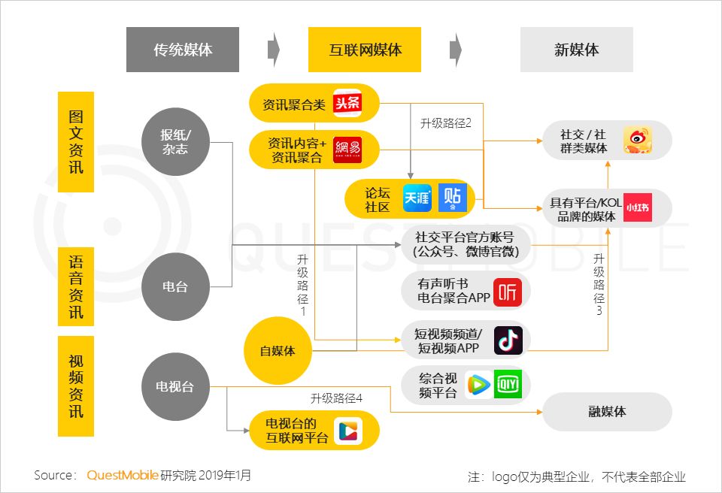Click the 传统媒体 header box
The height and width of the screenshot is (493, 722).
point(183,50)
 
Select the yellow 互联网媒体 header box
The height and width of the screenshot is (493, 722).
point(365,50)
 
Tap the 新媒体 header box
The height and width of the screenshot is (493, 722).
point(577,50)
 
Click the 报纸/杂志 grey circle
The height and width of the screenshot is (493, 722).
point(175,142)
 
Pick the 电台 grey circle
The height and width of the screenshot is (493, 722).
point(175,287)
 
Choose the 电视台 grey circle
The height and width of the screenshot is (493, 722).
point(175,387)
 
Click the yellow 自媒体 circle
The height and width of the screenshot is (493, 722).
point(278,351)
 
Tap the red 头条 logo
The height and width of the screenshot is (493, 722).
point(347,103)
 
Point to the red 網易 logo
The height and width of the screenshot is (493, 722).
point(347,150)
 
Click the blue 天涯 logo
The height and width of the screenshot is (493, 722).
point(417,198)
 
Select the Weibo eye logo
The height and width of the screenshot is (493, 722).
point(638,140)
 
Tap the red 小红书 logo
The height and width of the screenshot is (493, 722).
point(638,207)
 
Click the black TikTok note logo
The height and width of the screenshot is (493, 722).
point(508,340)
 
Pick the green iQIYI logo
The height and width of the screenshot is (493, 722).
point(508,384)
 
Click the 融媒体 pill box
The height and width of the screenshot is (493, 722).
point(608,412)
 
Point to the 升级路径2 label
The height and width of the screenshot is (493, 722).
point(446,123)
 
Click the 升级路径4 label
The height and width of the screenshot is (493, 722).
point(336,398)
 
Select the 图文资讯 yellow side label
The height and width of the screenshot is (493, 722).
point(76,142)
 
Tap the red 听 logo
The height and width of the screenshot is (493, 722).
point(508,292)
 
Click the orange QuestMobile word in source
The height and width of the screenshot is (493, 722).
point(123,475)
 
